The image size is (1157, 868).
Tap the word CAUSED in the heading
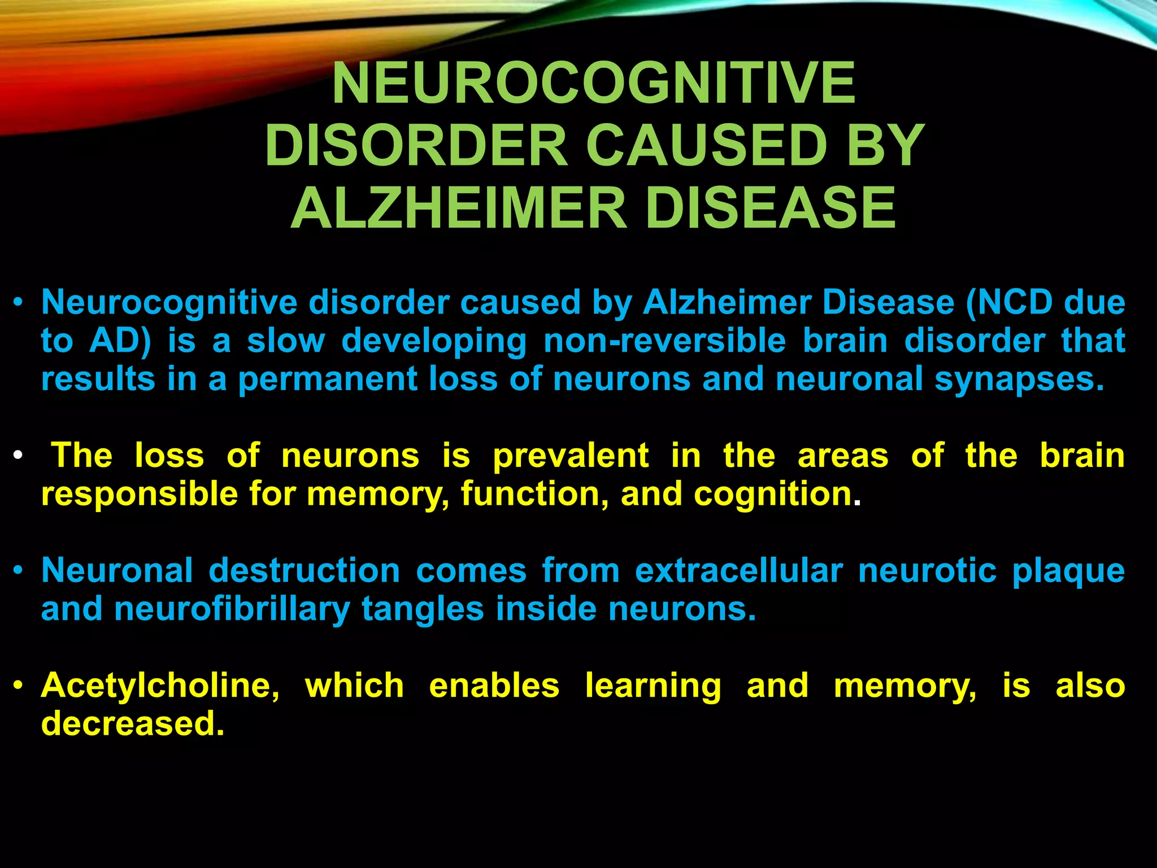point(707,146)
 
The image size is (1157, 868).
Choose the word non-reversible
point(664,341)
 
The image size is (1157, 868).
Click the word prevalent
point(571,456)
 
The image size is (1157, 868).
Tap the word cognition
point(772,494)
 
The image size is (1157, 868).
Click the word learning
point(653,686)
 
